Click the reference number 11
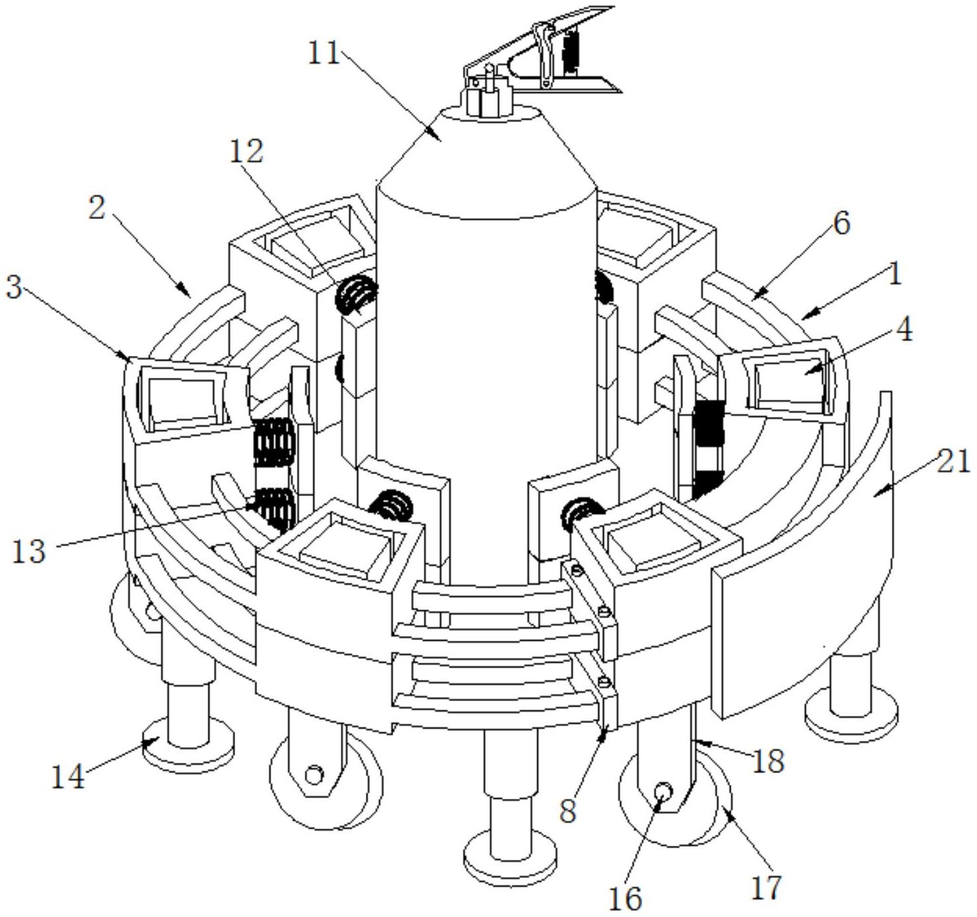(x=324, y=53)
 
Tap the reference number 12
(x=246, y=151)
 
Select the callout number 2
(x=97, y=208)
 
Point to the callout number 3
(x=14, y=288)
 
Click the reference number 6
(x=842, y=224)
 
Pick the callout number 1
(x=895, y=274)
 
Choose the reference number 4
(x=903, y=329)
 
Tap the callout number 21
(x=953, y=462)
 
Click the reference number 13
(x=29, y=552)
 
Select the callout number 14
(x=68, y=778)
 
